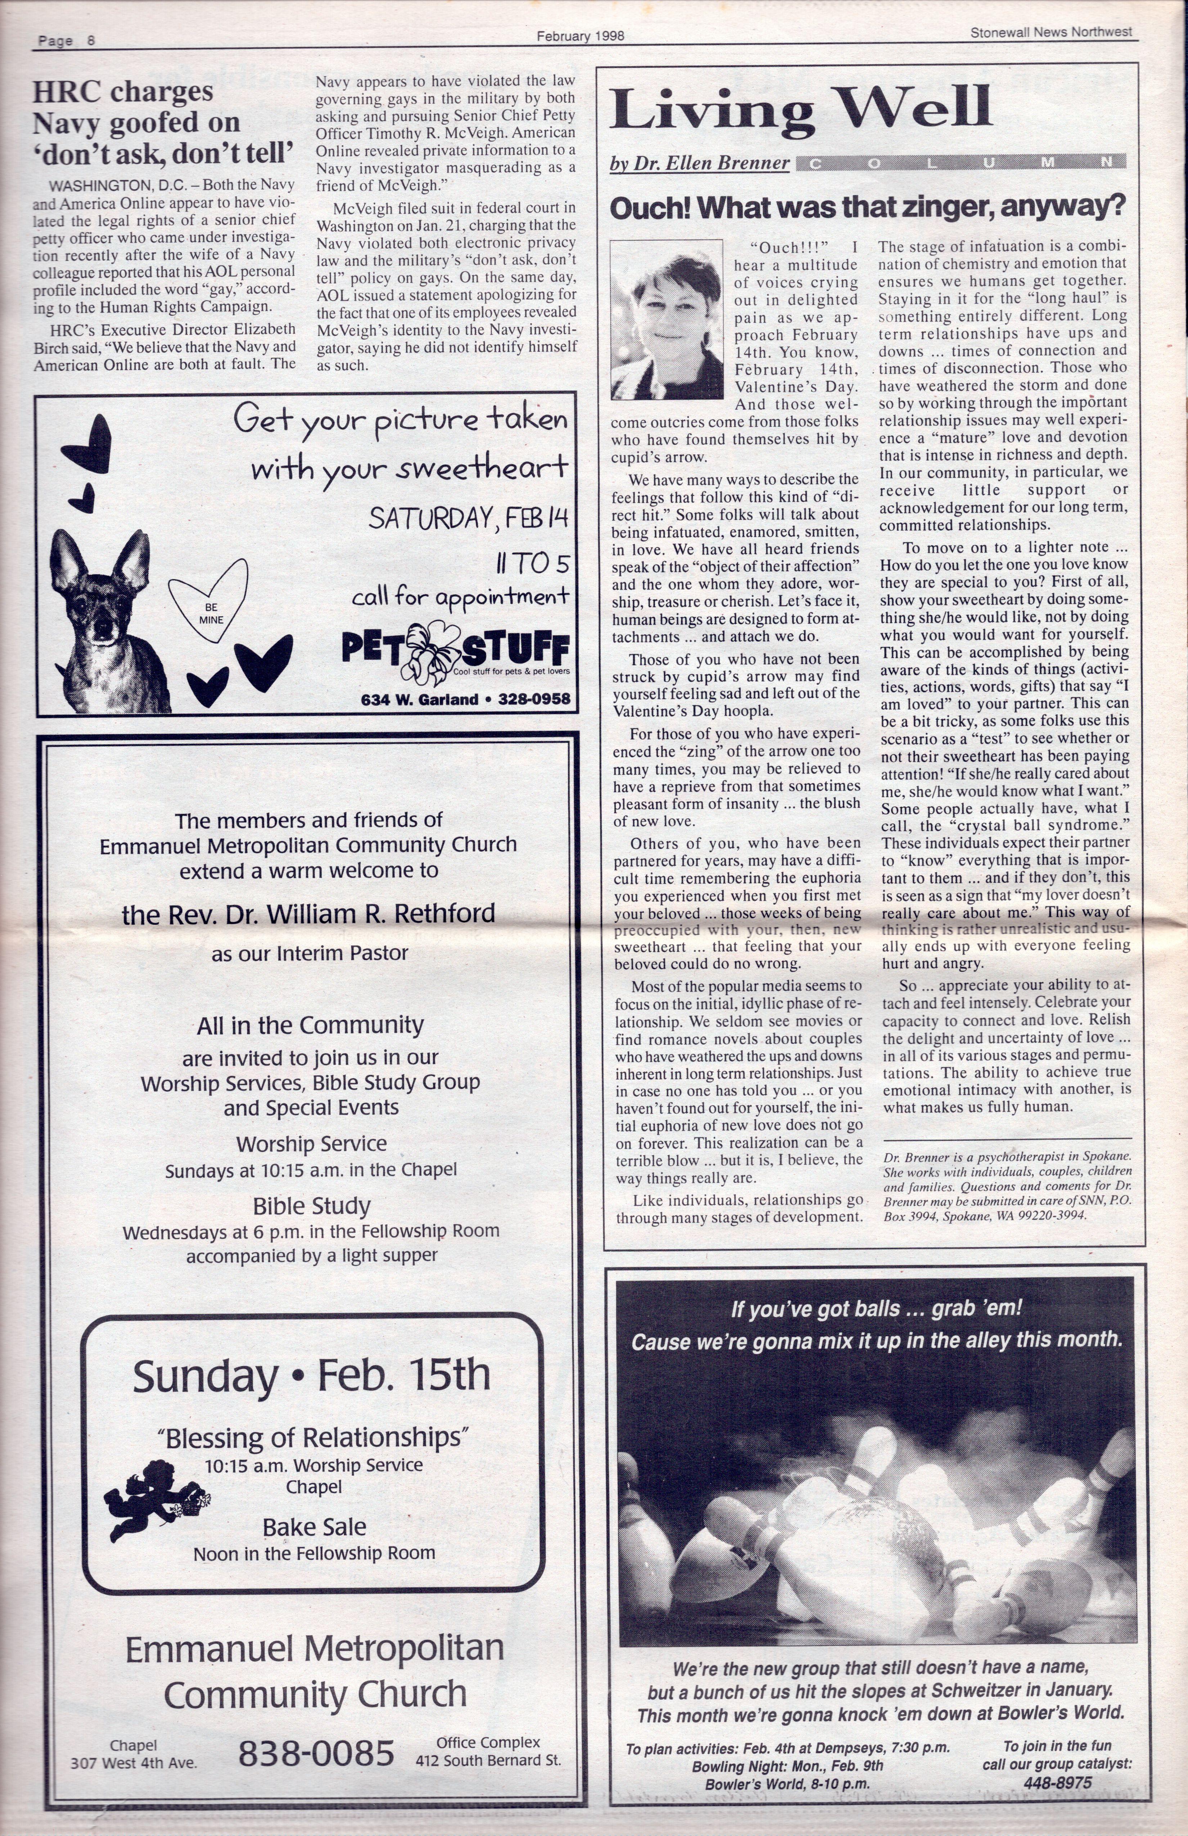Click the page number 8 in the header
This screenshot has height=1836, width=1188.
91,41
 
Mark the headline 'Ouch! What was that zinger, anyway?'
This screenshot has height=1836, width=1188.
867,207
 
